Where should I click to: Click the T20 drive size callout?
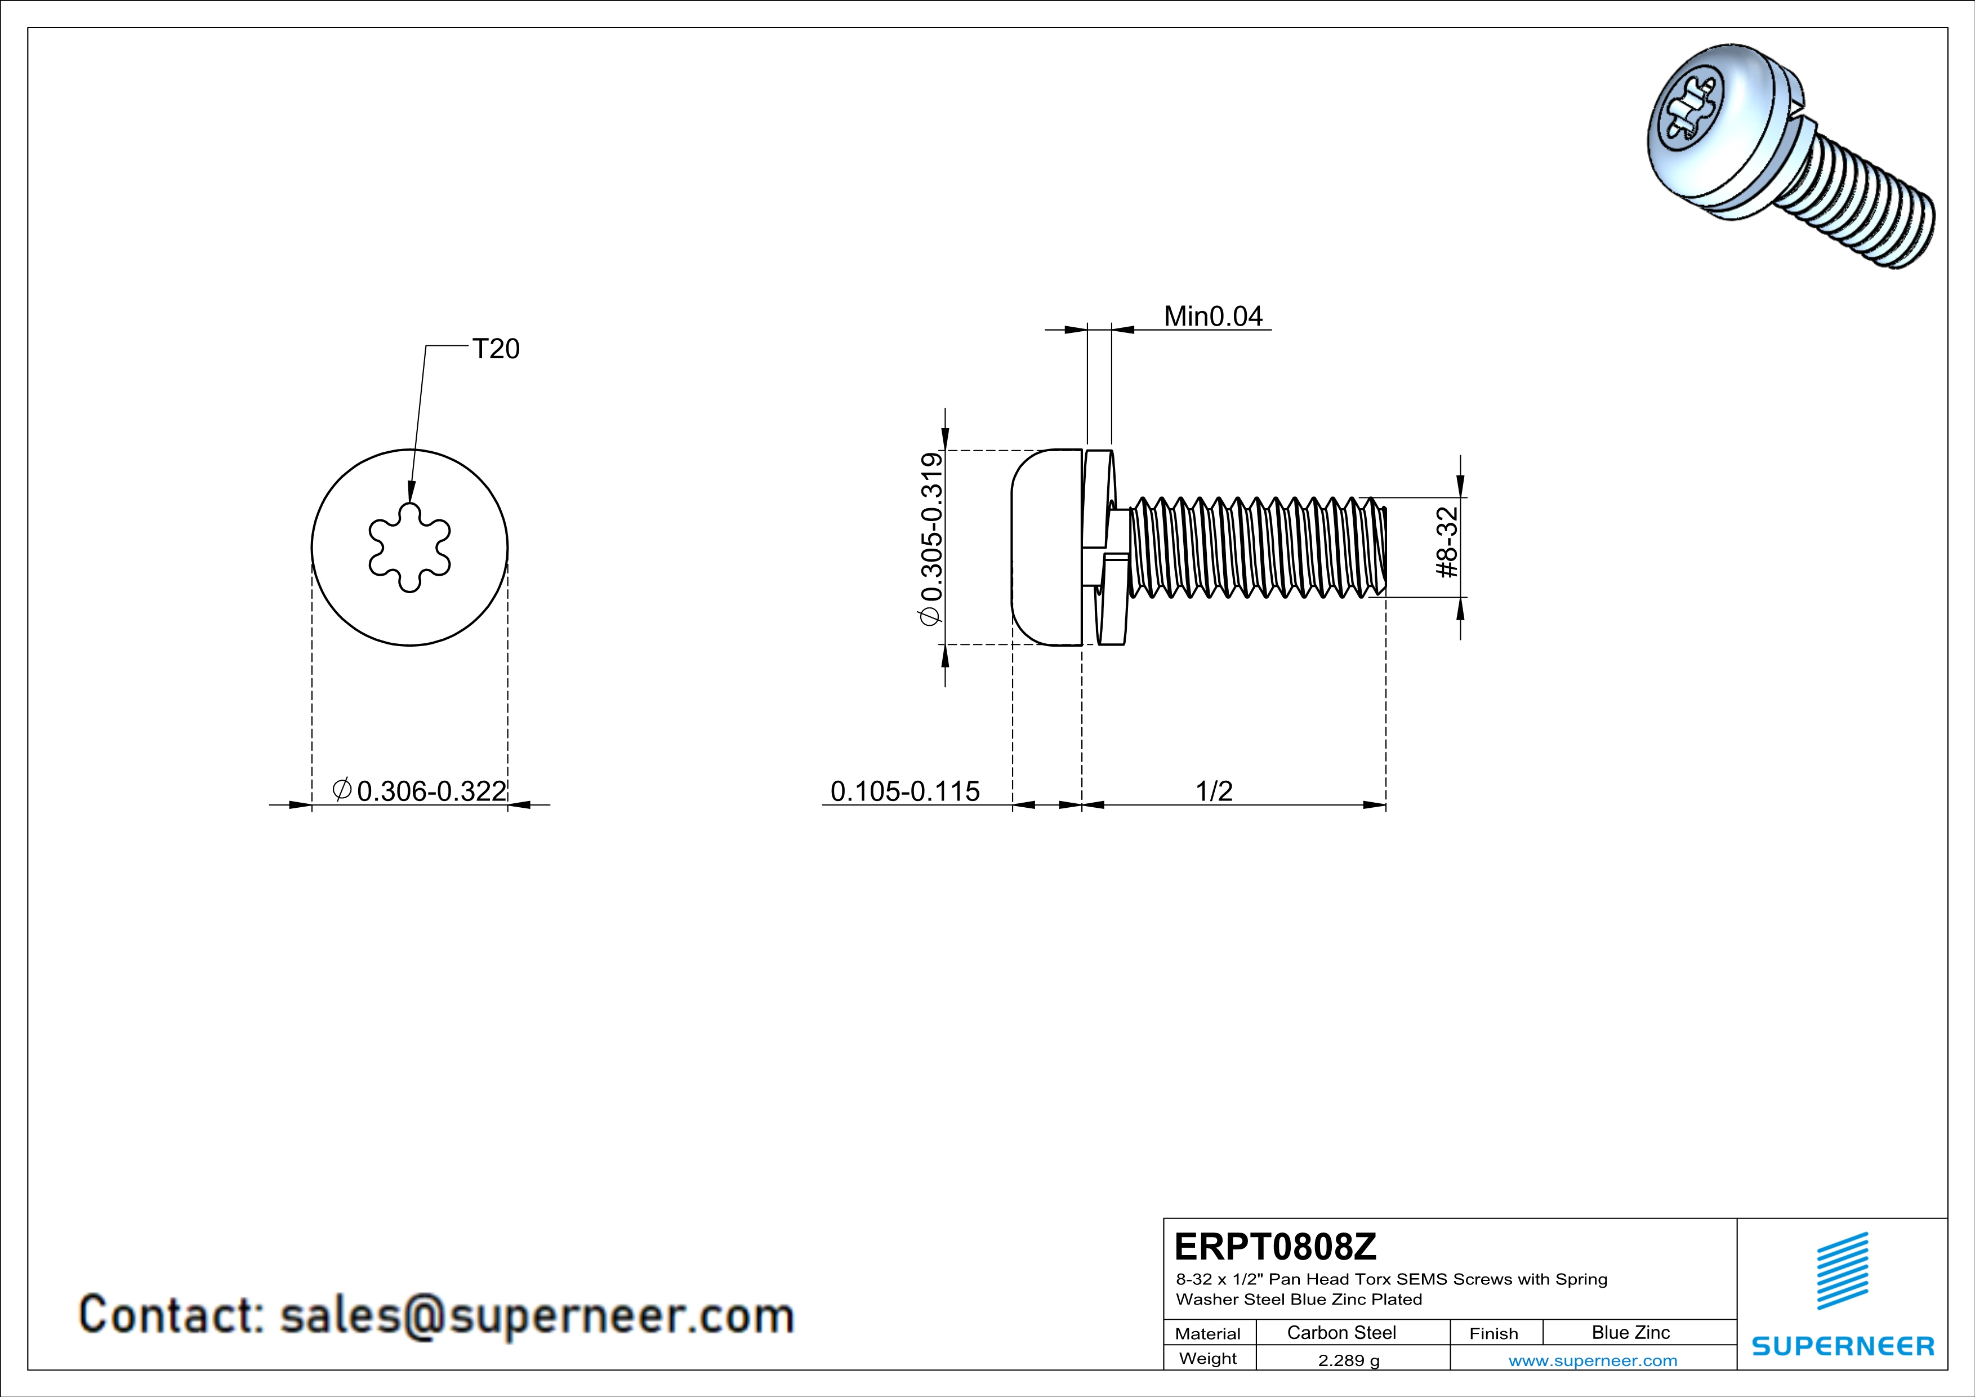496,349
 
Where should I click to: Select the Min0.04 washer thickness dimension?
1213,317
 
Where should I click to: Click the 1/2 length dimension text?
1214,790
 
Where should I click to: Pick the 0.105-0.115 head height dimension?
905,790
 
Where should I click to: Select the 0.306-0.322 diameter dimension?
430,790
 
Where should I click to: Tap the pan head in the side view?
1045,547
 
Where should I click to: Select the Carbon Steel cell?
1341,1332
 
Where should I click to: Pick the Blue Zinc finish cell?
1630,1332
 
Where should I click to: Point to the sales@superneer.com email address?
537,1316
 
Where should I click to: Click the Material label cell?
1208,1333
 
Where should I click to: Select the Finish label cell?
1493,1333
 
